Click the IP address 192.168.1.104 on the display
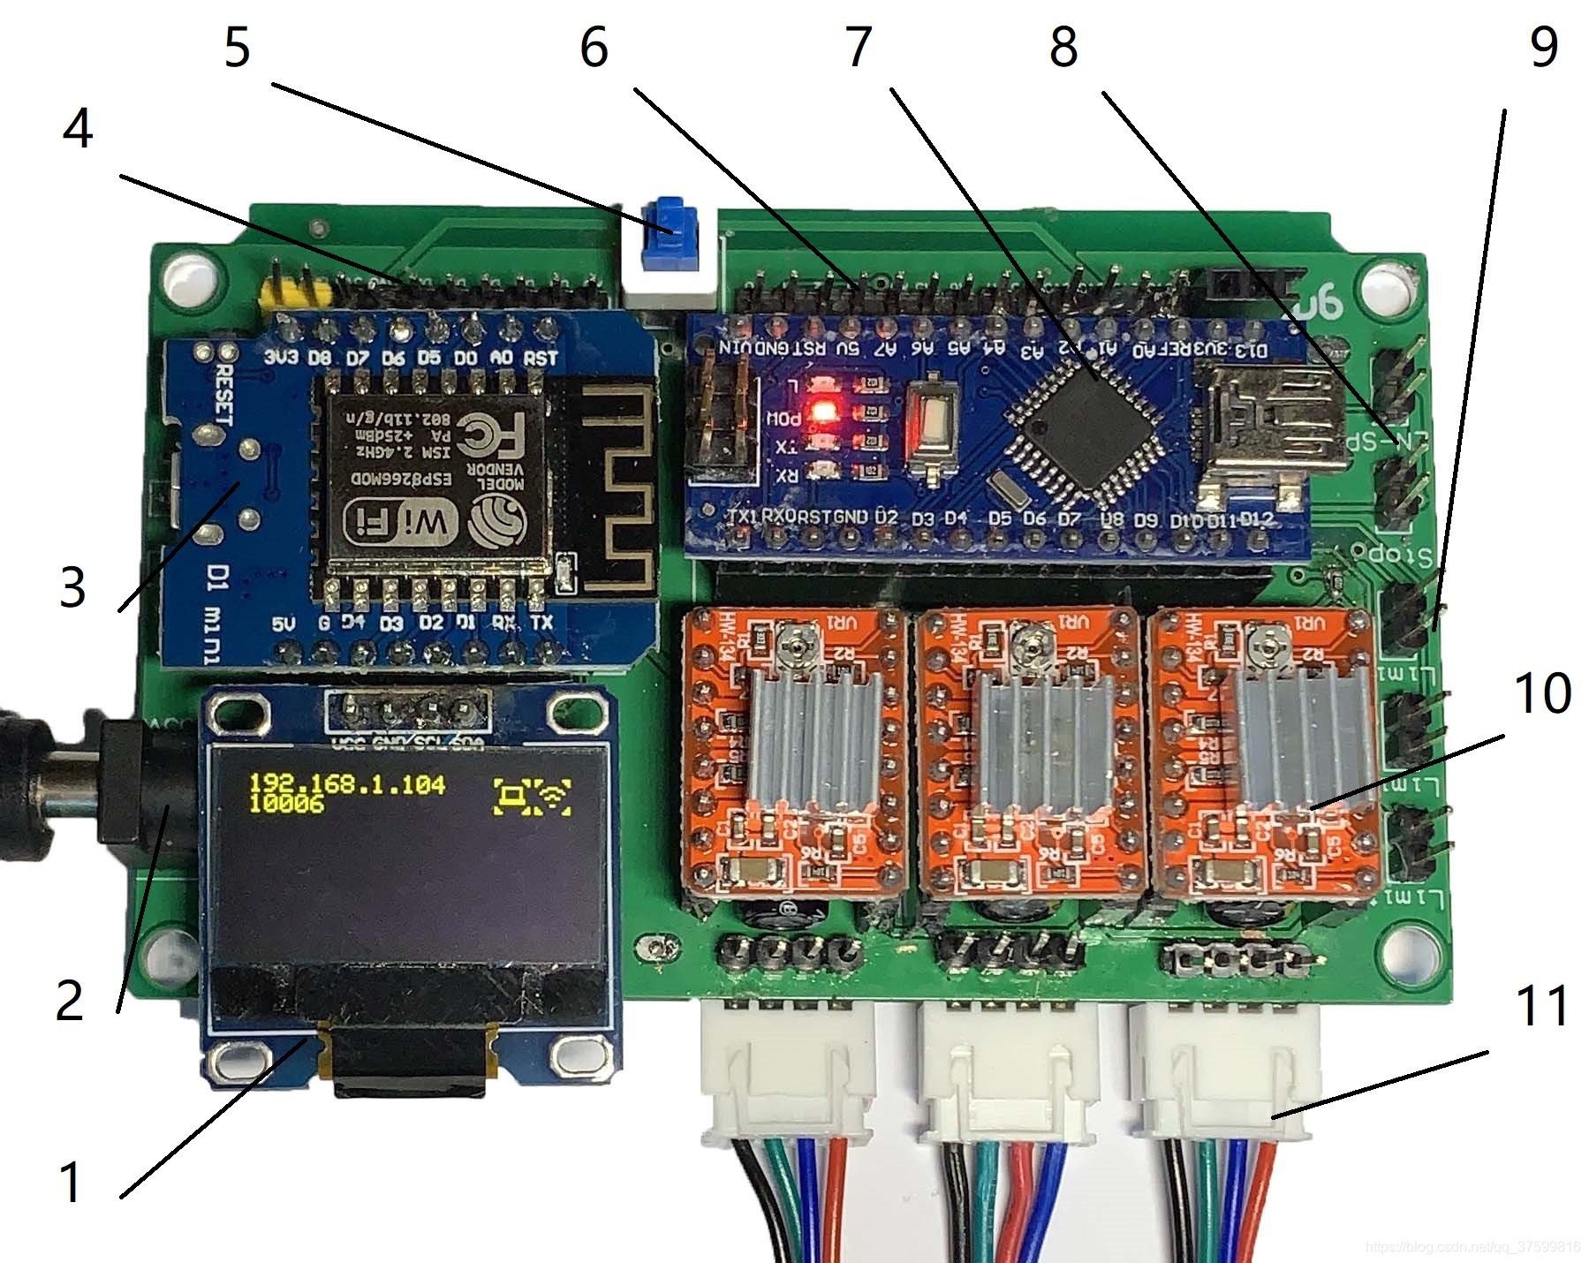346,783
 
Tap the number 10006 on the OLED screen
285,803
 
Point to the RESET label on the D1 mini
223,394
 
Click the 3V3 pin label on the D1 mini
281,358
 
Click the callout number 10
1542,693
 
